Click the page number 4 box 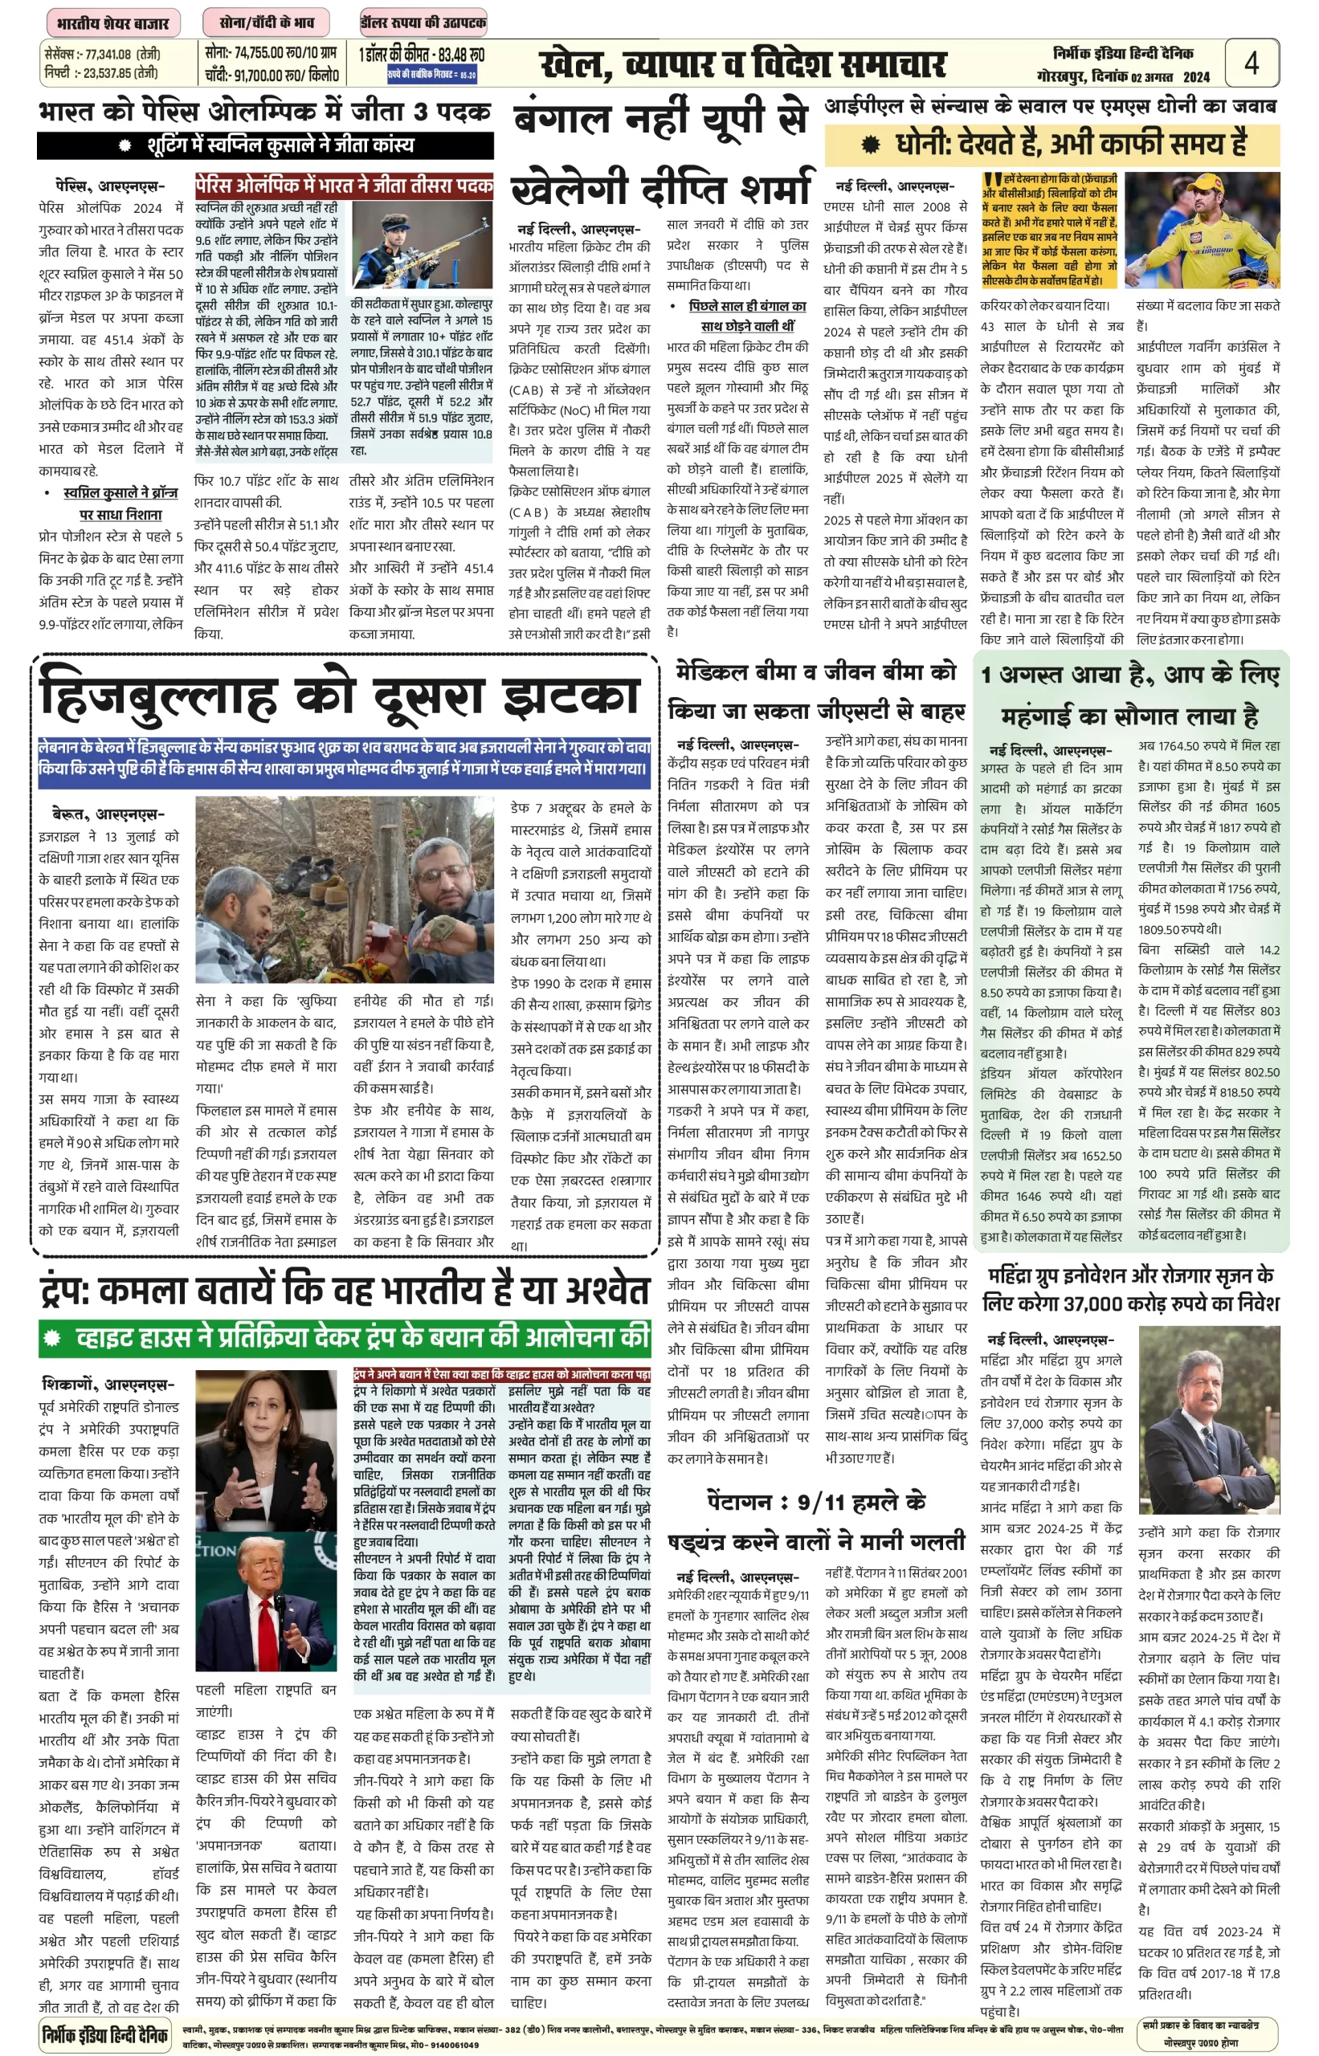[1251, 63]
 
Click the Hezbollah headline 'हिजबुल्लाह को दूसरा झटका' [340, 696]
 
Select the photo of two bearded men [345, 889]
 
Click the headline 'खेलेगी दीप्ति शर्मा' [659, 189]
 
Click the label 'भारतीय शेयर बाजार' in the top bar [112, 22]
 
